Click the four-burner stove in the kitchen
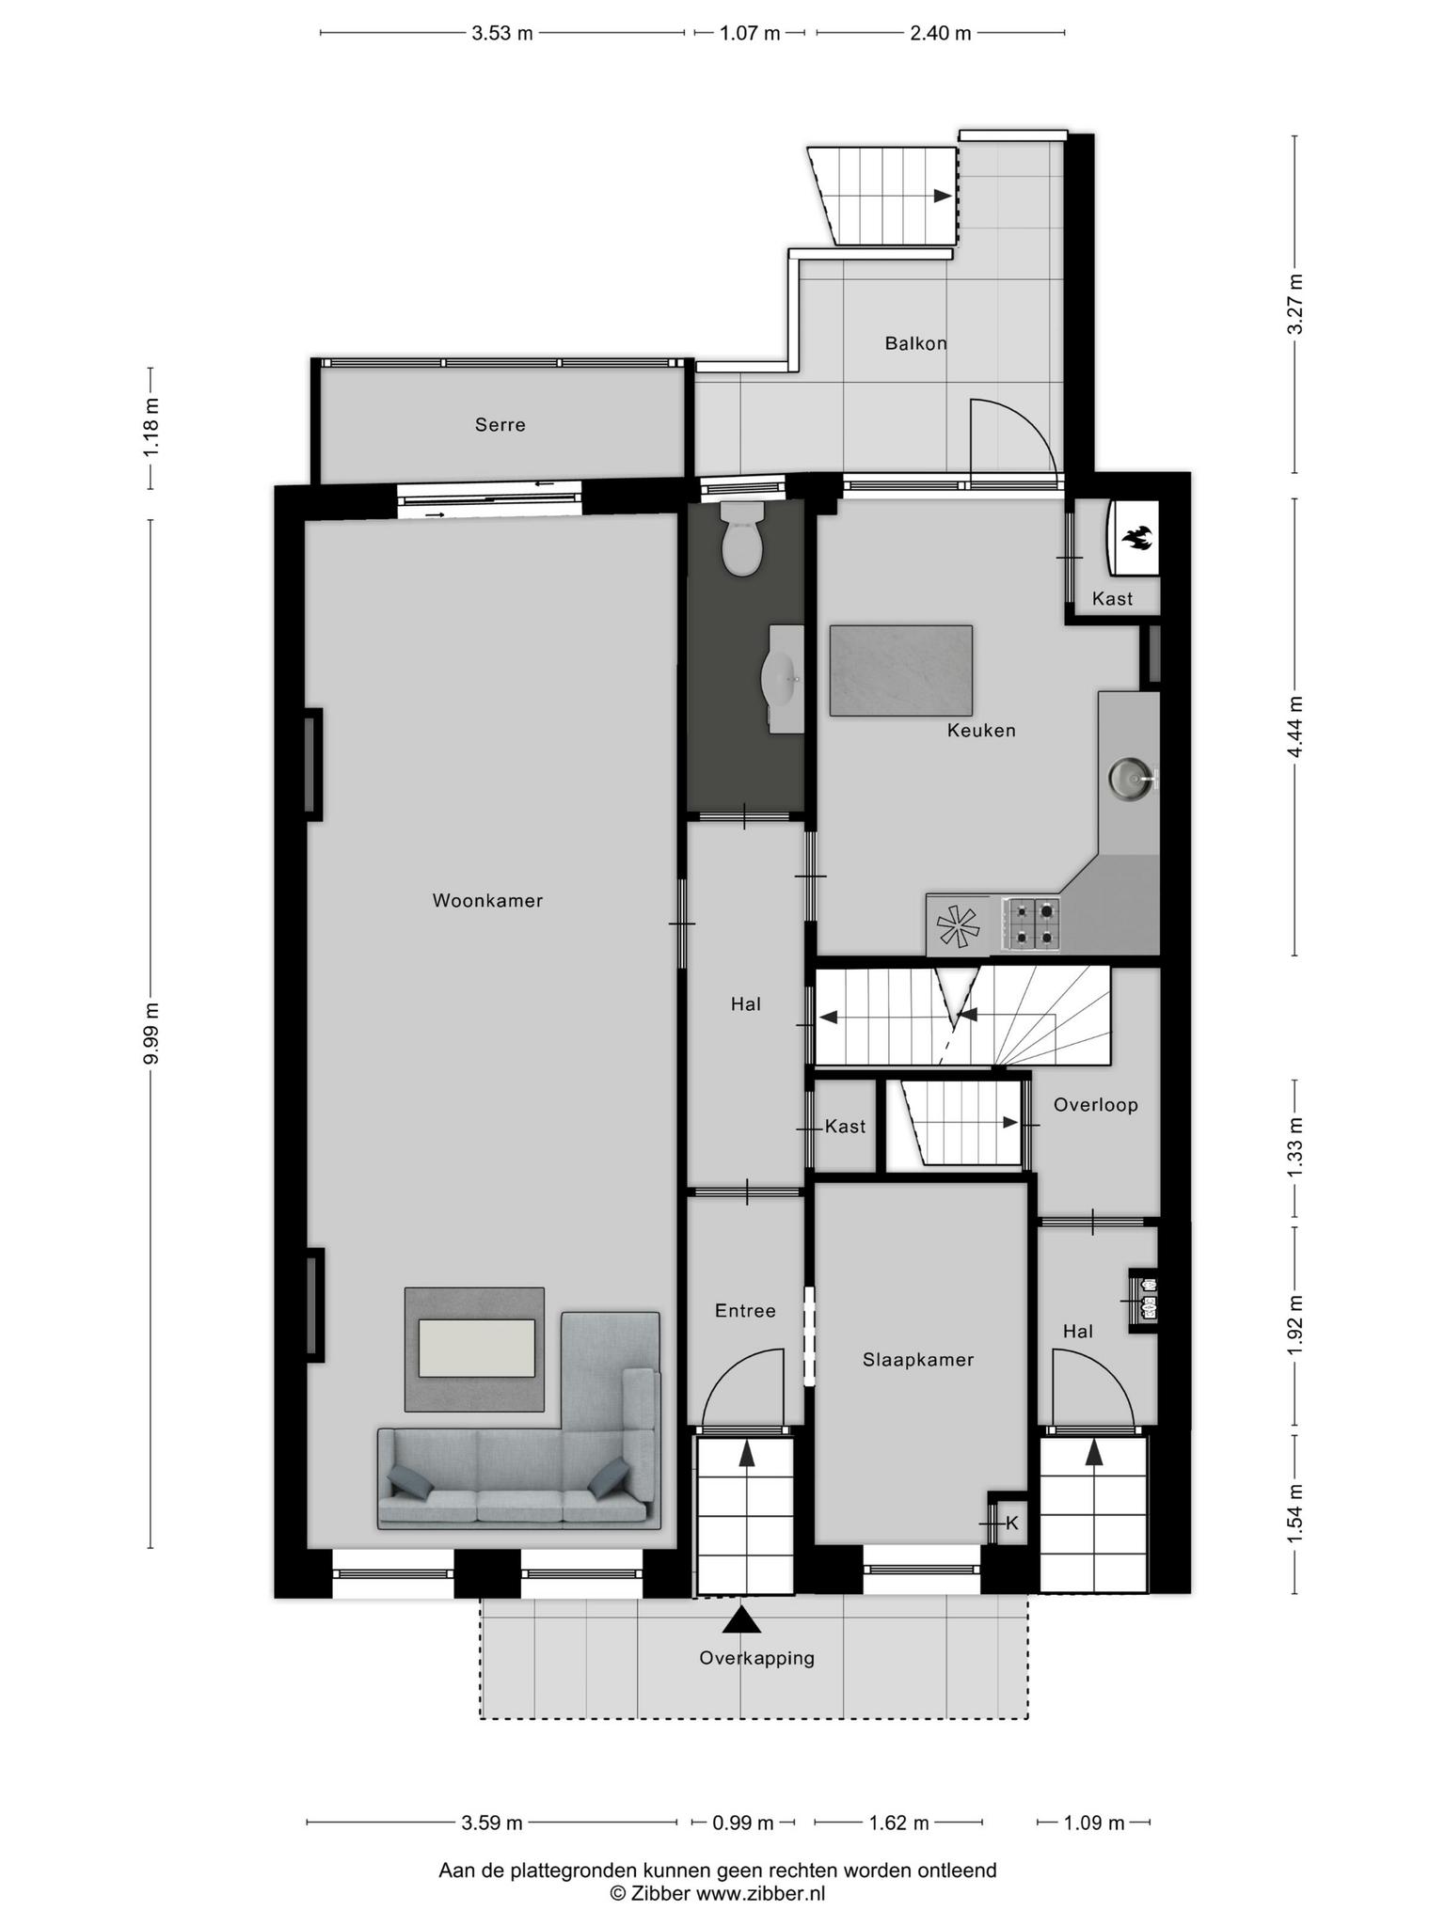click(x=1032, y=923)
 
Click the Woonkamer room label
click(x=487, y=900)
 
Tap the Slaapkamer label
click(x=918, y=1360)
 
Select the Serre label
click(x=500, y=425)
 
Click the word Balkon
click(x=915, y=343)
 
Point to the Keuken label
click(x=981, y=730)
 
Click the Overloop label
click(x=1095, y=1105)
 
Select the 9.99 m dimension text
click(x=151, y=1033)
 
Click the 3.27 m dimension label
click(x=1296, y=304)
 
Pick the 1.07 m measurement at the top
click(x=750, y=34)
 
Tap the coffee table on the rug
click(x=477, y=1348)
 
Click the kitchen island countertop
click(x=900, y=671)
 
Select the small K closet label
click(x=1012, y=1523)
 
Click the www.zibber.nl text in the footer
click(x=760, y=1894)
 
